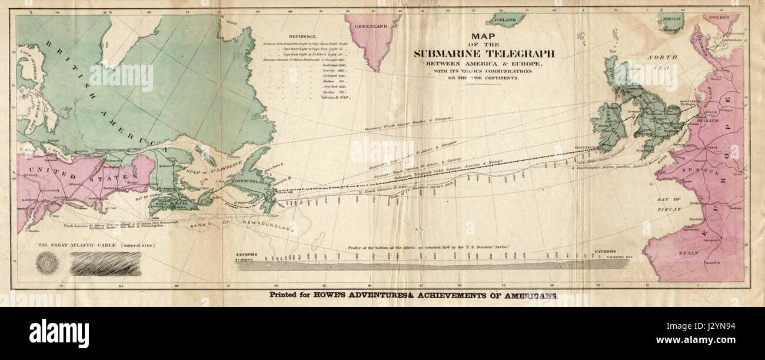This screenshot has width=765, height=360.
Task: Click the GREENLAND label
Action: [370, 26]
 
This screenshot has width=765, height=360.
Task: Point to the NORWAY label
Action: [672, 19]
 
